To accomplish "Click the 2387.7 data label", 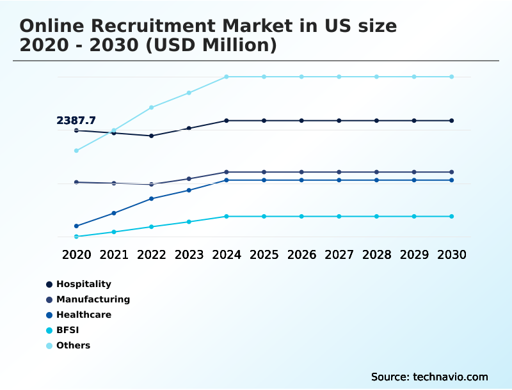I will click(76, 120).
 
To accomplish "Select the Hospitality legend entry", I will click(83, 284).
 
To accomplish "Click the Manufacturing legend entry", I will click(93, 299).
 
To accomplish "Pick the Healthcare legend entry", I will click(83, 315).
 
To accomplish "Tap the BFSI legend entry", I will click(68, 330).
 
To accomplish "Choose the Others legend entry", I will click(73, 345).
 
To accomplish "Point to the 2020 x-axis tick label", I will click(76, 254).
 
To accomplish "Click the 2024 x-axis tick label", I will click(227, 254).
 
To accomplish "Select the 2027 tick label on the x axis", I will click(339, 254).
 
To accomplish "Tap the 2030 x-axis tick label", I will click(452, 254).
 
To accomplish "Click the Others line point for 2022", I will click(152, 107).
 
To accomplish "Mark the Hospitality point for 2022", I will click(152, 136).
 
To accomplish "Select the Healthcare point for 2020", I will click(76, 226).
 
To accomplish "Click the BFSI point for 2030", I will click(452, 216).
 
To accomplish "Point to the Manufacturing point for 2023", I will click(189, 178).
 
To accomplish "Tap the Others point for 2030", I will click(452, 77).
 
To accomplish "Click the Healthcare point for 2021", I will click(114, 213).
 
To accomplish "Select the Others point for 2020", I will click(76, 151).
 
